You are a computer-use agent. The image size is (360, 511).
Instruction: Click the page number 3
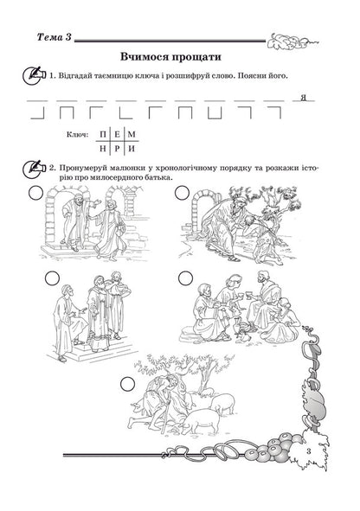coord(307,451)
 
